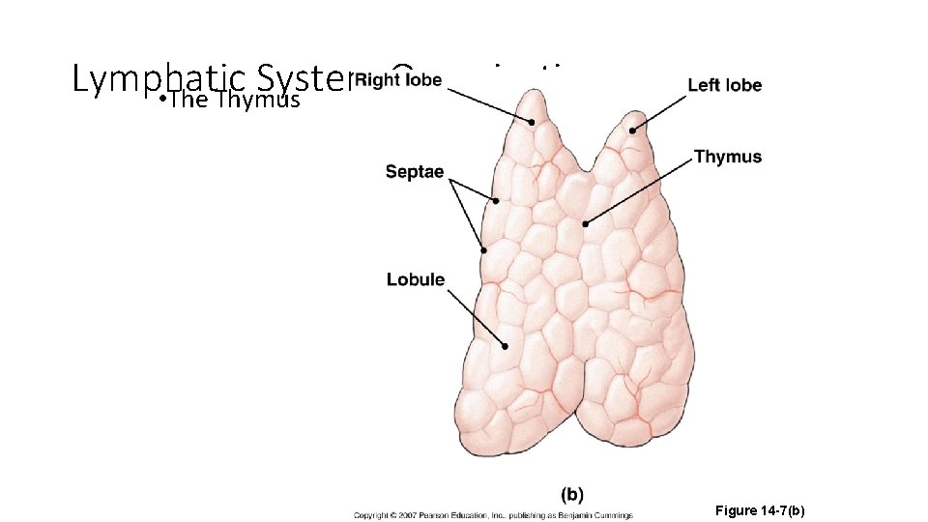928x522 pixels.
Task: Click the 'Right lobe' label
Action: tap(398, 79)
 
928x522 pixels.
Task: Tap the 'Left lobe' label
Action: tap(724, 85)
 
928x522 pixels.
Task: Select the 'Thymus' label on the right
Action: tap(728, 157)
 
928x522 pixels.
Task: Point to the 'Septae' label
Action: tap(414, 172)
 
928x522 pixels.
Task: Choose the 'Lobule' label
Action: tap(416, 280)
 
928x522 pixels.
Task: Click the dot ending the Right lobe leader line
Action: tap(532, 123)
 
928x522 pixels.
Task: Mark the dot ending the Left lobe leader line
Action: tap(632, 130)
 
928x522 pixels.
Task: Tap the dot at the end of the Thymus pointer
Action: tap(585, 224)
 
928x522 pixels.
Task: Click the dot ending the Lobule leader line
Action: tap(505, 345)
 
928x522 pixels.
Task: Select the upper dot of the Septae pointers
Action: tap(495, 201)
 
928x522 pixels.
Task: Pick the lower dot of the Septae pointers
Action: tap(483, 250)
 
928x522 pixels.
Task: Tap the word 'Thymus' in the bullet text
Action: tap(259, 100)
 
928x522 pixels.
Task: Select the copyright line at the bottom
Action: tap(492, 514)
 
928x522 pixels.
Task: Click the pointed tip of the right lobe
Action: tap(530, 94)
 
